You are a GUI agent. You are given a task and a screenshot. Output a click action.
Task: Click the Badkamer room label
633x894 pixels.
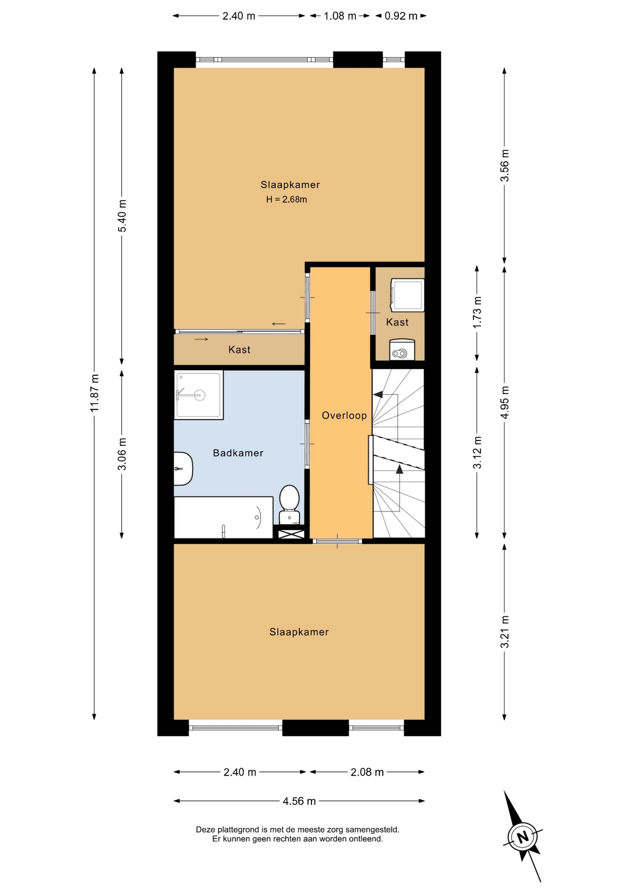[238, 453]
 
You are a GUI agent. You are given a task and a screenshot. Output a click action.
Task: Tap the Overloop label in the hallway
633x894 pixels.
[344, 416]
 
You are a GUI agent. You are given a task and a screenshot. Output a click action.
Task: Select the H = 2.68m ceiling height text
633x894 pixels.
[287, 200]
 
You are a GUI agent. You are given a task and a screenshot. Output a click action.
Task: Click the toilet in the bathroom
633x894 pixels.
[289, 504]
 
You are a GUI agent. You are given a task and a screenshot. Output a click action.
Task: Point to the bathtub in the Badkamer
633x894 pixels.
[224, 517]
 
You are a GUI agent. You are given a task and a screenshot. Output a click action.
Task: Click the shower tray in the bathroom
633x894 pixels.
[199, 395]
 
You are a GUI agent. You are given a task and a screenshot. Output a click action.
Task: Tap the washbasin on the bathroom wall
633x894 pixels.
[183, 468]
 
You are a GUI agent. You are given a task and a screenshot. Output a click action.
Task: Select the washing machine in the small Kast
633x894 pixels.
[407, 295]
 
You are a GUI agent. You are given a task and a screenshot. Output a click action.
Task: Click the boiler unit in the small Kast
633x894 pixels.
[402, 350]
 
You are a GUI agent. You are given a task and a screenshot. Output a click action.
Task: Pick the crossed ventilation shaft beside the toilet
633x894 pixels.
[291, 532]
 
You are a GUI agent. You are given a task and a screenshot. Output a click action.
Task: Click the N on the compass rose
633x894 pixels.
[523, 837]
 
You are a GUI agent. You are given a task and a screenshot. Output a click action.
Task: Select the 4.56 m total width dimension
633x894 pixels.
[299, 801]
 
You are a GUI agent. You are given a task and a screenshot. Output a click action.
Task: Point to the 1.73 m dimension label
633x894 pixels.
[477, 312]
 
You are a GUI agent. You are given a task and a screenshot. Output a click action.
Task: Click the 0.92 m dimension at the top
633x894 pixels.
[401, 16]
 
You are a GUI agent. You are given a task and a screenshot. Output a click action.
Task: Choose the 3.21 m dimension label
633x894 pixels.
[504, 632]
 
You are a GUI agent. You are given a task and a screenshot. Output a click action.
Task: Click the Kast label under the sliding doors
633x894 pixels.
[239, 350]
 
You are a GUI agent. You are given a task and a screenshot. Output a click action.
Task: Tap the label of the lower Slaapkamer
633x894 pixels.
[299, 632]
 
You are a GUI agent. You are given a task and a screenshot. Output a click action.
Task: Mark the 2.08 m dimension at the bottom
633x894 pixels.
[367, 772]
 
